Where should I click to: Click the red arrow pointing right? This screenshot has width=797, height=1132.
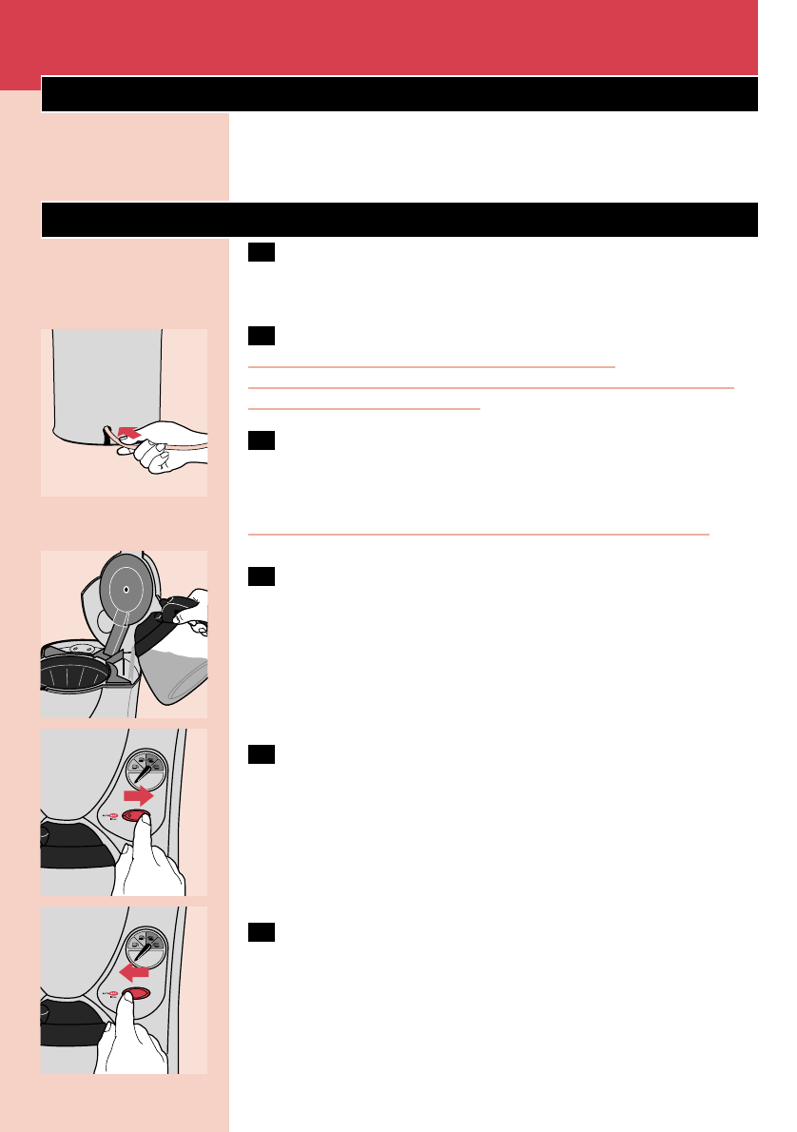(140, 795)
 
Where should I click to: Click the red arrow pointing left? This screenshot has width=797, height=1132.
(134, 972)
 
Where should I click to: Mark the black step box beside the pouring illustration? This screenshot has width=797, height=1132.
(261, 576)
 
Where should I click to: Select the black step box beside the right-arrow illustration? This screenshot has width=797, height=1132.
(261, 754)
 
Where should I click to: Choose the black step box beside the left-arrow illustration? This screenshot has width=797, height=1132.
(261, 932)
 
